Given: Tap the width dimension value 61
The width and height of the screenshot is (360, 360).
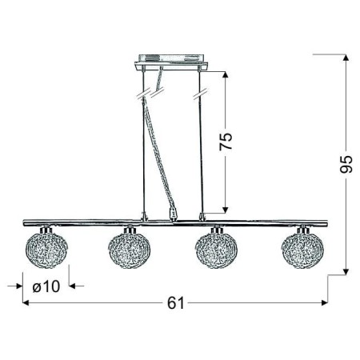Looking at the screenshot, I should click(175, 302).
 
